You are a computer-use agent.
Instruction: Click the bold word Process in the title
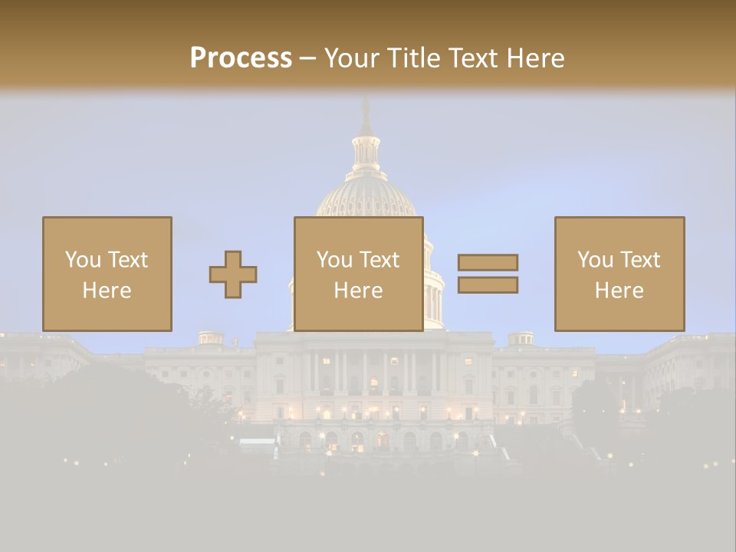coord(241,58)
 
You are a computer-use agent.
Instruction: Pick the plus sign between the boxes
coord(233,274)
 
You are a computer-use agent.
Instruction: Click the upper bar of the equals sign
coord(488,262)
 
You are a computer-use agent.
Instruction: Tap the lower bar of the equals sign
coord(488,285)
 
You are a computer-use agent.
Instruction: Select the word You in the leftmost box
coord(83,260)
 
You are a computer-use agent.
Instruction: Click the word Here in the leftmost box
coord(107,291)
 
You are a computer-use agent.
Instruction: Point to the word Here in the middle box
coord(358,291)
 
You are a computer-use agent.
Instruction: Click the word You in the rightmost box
coord(595,260)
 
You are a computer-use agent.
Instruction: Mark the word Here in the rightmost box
coord(619,291)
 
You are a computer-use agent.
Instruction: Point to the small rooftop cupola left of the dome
coord(210,337)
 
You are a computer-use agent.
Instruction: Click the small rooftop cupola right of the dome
coord(521,337)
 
